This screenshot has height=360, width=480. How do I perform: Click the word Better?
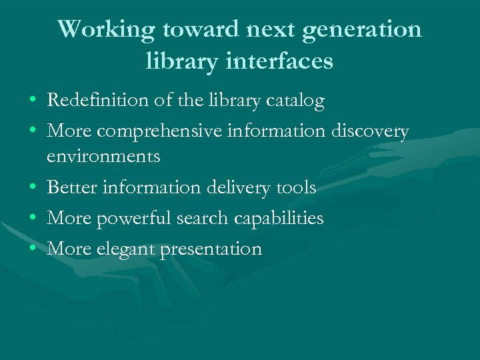(71, 187)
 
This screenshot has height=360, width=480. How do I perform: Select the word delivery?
(236, 187)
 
